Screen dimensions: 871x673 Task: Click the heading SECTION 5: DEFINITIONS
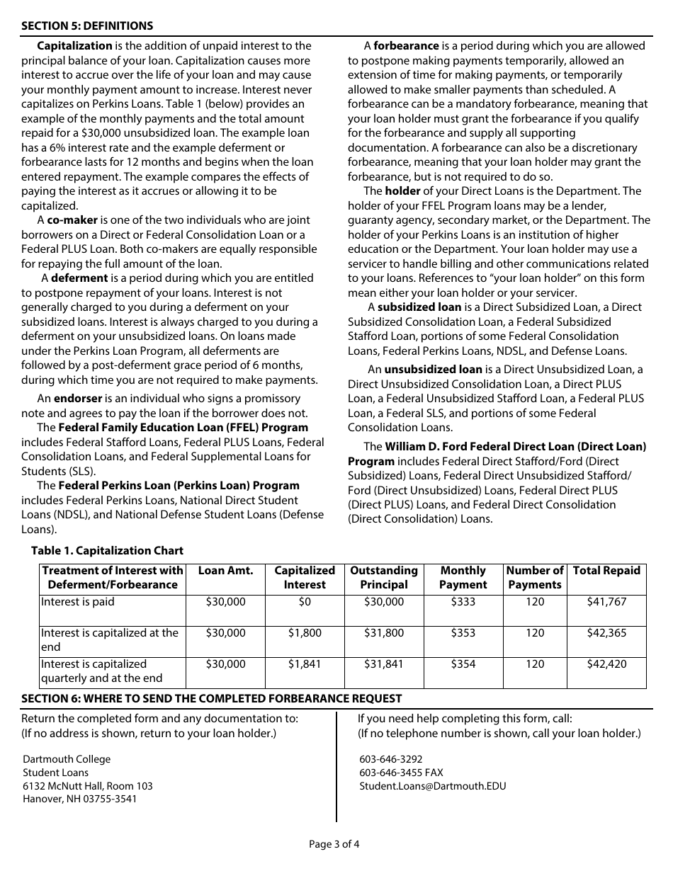pyautogui.click(x=87, y=26)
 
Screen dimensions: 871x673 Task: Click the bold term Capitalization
pyautogui.click(x=74, y=46)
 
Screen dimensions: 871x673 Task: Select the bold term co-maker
pyautogui.click(x=72, y=220)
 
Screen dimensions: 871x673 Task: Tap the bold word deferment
pyautogui.click(x=79, y=278)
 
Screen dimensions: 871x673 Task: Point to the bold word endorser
pyautogui.click(x=78, y=399)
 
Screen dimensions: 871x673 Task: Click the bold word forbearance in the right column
pyautogui.click(x=406, y=46)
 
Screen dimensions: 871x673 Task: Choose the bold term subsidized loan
pyautogui.click(x=419, y=307)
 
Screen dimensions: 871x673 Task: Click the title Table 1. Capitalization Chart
pyautogui.click(x=107, y=550)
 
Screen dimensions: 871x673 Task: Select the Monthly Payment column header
pyautogui.click(x=463, y=578)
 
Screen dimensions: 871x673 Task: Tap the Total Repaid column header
pyautogui.click(x=606, y=571)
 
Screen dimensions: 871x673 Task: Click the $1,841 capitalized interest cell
pyautogui.click(x=305, y=664)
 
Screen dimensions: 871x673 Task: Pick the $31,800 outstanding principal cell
pyautogui.click(x=384, y=633)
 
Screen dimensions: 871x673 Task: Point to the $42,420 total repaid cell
pyautogui.click(x=606, y=664)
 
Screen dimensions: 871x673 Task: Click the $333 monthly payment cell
pyautogui.click(x=463, y=602)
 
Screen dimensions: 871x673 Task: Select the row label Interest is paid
pyautogui.click(x=77, y=602)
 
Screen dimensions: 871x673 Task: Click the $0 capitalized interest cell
pyautogui.click(x=305, y=602)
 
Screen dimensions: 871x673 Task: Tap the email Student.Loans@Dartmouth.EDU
pyautogui.click(x=432, y=786)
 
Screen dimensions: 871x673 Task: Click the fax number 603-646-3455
pyautogui.click(x=391, y=773)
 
